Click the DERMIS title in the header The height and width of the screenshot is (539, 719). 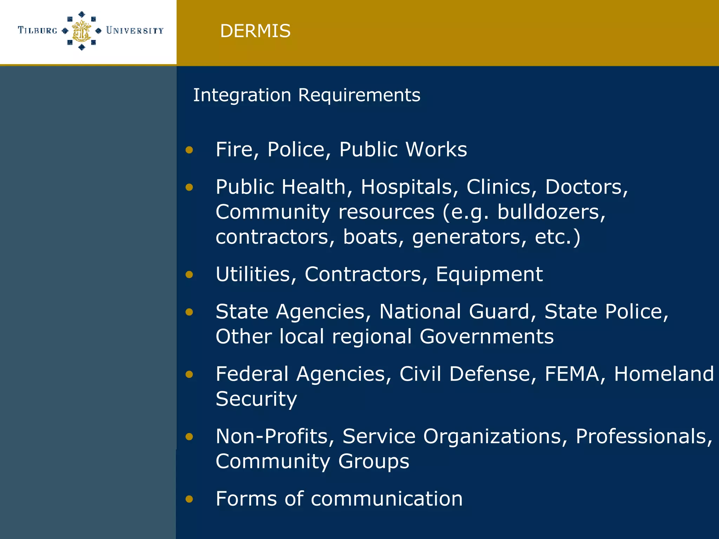[x=255, y=31]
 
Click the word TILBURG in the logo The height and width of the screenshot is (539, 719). [x=38, y=31]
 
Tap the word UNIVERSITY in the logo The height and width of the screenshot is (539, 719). [x=135, y=31]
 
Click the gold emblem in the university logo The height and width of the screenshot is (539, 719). [x=81, y=31]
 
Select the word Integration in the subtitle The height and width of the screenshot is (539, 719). [x=242, y=95]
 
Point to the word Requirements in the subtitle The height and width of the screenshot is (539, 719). [x=359, y=95]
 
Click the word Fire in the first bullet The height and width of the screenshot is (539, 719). [x=234, y=149]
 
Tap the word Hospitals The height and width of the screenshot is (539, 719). [x=407, y=187]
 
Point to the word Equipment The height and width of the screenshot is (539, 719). [x=489, y=274]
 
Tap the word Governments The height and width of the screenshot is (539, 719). [x=487, y=337]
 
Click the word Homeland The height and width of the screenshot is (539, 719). [x=664, y=374]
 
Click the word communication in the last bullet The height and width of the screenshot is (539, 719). [x=387, y=499]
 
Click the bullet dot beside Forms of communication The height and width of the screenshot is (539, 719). [x=189, y=499]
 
